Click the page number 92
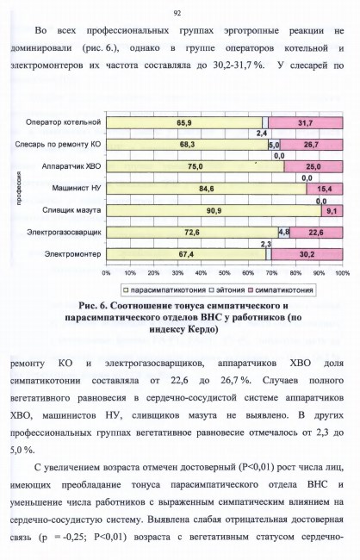click(x=177, y=13)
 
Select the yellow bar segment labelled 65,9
click(x=184, y=123)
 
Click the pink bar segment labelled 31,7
click(x=306, y=123)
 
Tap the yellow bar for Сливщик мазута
click(x=214, y=211)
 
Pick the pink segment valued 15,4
click(x=325, y=189)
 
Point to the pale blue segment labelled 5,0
click(x=274, y=145)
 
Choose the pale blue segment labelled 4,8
click(x=284, y=233)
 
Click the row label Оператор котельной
click(x=63, y=122)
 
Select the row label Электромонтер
click(x=72, y=254)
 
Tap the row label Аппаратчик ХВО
click(x=71, y=166)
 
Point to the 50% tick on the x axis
click(x=224, y=273)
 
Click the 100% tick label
click(x=343, y=273)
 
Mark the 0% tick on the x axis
click(x=107, y=273)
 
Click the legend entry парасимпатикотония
click(x=164, y=290)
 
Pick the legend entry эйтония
click(x=227, y=290)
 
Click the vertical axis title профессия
click(x=18, y=188)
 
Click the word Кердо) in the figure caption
click(x=203, y=329)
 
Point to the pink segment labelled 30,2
click(x=307, y=254)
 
